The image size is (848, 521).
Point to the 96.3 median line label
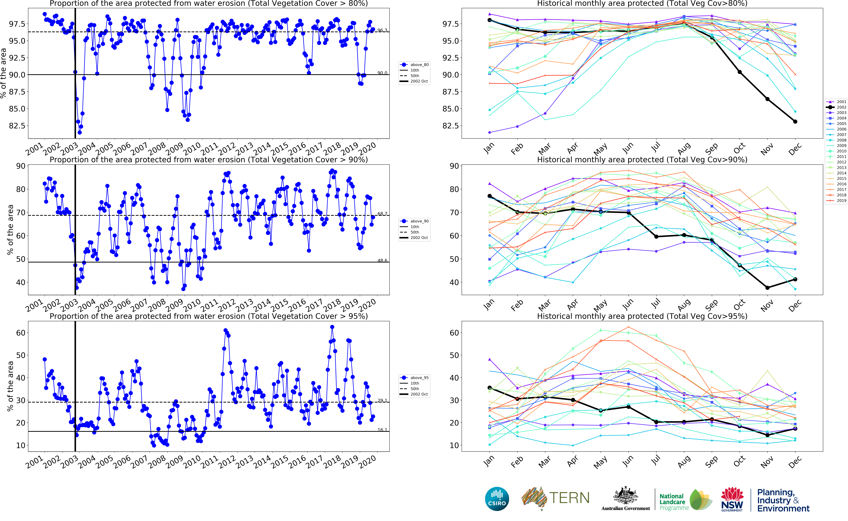382,30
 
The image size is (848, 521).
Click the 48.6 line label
382,260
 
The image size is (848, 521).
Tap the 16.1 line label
382,430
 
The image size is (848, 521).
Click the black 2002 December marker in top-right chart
795,122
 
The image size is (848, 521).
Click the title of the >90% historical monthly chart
642,160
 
